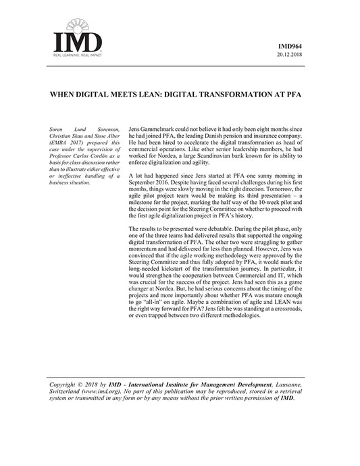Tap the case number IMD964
point(292,47)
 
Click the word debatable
point(229,232)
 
